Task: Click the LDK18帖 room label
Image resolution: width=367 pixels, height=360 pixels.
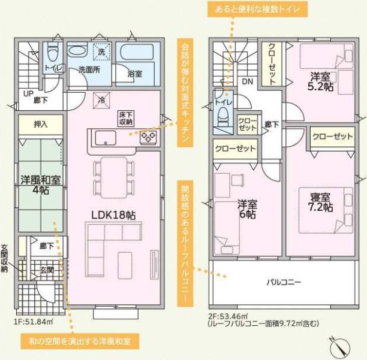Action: click(x=113, y=215)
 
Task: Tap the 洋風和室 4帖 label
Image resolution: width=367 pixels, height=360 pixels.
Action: click(x=41, y=185)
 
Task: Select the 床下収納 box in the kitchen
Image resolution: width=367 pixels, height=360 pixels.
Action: click(x=126, y=118)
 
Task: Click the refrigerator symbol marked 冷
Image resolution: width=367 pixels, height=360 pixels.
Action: click(x=101, y=101)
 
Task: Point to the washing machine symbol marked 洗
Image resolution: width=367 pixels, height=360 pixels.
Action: click(x=101, y=52)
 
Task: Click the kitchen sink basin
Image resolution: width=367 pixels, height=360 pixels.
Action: click(x=106, y=138)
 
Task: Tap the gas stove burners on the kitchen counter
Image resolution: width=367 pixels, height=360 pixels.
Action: click(x=148, y=137)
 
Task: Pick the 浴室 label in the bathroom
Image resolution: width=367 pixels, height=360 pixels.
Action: click(x=135, y=74)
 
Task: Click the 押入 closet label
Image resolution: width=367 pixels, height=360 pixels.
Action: click(x=41, y=125)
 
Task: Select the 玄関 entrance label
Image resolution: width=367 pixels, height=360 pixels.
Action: click(x=47, y=270)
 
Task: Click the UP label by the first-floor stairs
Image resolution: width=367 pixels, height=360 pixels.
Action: click(x=28, y=93)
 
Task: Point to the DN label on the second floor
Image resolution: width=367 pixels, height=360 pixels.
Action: click(x=248, y=81)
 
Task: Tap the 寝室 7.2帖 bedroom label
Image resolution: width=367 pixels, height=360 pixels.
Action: click(x=320, y=202)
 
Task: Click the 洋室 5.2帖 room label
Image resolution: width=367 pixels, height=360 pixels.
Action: click(x=320, y=81)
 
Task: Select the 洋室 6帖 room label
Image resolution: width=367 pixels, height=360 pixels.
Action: click(x=248, y=209)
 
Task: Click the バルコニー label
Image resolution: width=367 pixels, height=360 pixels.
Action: click(x=284, y=282)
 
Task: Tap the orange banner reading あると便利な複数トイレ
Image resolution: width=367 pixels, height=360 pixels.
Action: click(x=257, y=10)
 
